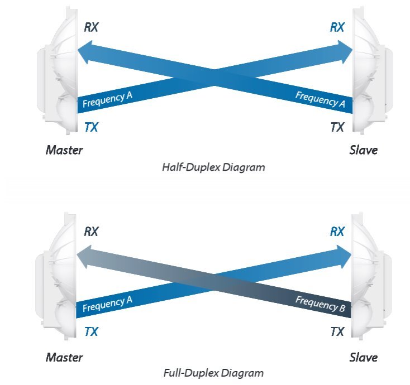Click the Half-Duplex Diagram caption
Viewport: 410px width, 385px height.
[x=213, y=167]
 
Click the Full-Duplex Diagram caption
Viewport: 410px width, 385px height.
[x=212, y=372]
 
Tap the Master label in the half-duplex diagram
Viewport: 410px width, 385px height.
[x=64, y=150]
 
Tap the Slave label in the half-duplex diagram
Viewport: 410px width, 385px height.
[x=363, y=150]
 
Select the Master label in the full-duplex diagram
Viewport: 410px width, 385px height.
[x=64, y=357]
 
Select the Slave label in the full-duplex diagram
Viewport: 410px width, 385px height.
[x=363, y=357]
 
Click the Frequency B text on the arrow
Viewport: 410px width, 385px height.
[x=321, y=304]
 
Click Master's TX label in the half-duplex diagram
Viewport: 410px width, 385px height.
[x=91, y=127]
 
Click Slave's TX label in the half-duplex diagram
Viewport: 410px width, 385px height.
[x=337, y=127]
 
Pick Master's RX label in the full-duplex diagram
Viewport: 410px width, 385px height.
[x=91, y=232]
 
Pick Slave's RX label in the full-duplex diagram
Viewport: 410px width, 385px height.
[x=337, y=232]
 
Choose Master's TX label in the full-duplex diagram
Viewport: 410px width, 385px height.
[x=91, y=332]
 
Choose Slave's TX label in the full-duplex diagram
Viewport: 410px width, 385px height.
[x=337, y=332]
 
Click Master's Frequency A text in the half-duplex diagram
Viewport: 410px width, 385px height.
[x=107, y=100]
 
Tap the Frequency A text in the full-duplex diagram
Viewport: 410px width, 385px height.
[x=107, y=304]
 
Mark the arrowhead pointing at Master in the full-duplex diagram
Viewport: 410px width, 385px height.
[x=85, y=258]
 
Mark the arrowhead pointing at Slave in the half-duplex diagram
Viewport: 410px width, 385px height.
[x=345, y=51]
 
